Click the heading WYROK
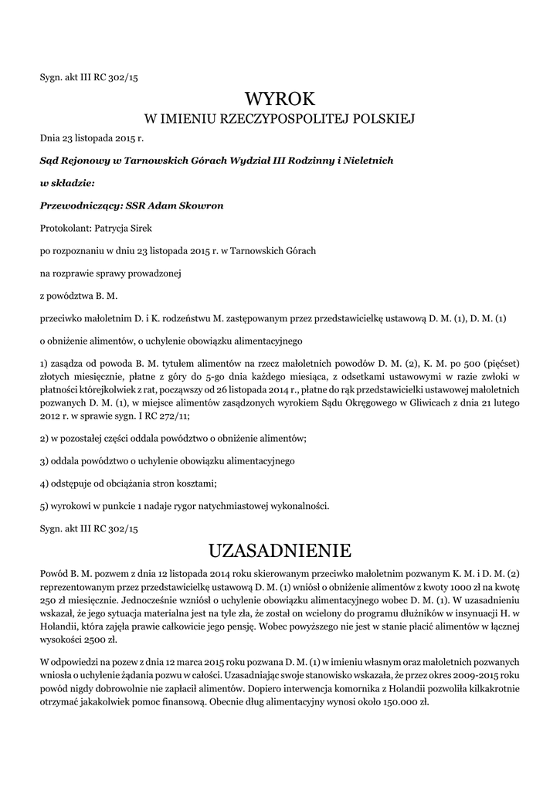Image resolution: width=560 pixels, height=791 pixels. tap(280, 99)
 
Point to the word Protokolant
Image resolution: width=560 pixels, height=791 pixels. tap(65, 229)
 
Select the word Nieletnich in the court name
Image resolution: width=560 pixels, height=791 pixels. tap(367, 160)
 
